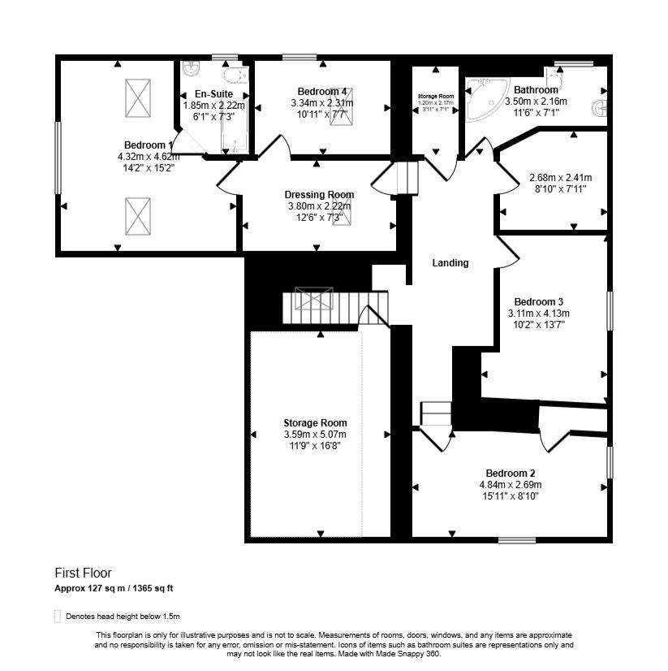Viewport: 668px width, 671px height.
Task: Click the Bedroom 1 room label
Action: pos(146,145)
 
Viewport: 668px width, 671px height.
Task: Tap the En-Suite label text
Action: pos(213,94)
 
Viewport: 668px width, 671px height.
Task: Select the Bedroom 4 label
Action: pos(322,91)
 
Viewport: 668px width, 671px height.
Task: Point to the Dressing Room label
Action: pos(319,195)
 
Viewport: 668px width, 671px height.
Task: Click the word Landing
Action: pos(450,263)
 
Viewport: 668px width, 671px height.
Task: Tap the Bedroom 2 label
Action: pos(510,474)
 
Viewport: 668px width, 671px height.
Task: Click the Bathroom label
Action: pos(536,90)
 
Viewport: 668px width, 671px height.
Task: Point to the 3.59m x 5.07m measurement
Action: pos(315,434)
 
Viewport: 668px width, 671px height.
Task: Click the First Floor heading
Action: pos(83,573)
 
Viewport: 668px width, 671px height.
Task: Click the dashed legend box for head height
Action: pos(58,616)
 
